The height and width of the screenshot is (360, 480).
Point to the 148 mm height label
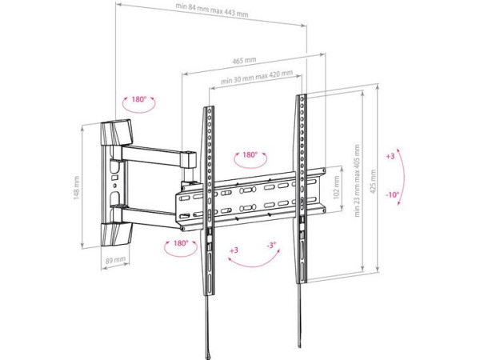point(77,189)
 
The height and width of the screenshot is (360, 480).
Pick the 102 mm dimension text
point(336,192)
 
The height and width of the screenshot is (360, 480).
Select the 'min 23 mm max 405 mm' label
point(356,182)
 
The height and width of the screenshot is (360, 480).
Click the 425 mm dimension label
point(371,190)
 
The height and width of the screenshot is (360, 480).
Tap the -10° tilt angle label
point(391,194)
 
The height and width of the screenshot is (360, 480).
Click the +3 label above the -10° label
point(390,157)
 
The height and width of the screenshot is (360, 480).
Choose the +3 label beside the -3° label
point(234,250)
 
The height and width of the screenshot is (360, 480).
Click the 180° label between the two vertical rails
point(250,154)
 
